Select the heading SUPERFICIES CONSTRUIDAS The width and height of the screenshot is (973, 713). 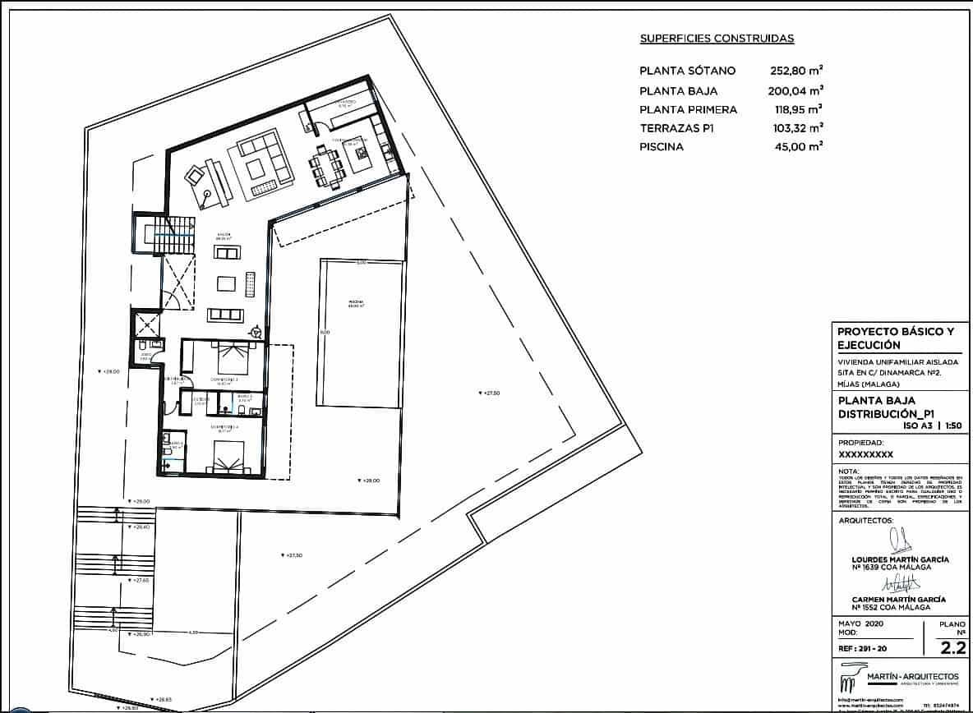tap(717, 39)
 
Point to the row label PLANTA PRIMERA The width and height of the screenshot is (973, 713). tap(688, 109)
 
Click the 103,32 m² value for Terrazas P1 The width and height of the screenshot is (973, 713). tap(794, 128)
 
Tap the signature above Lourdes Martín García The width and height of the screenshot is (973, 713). tap(902, 540)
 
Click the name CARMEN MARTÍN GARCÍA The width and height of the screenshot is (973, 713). tap(899, 600)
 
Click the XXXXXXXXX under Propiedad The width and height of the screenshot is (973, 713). tap(865, 453)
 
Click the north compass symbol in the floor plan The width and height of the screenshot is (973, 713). tap(257, 331)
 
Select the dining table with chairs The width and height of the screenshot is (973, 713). tap(325, 168)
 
